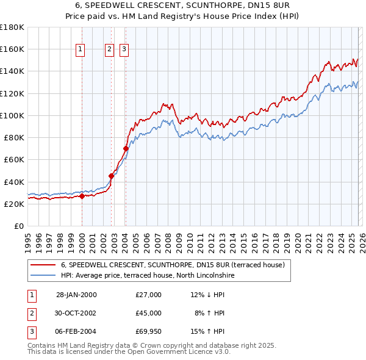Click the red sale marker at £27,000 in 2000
point(82,196)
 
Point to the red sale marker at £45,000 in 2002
point(112,176)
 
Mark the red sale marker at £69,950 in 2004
point(126,148)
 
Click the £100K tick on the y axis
point(12,115)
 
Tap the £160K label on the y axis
point(12,49)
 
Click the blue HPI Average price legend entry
point(147,276)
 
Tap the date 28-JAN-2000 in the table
point(76,295)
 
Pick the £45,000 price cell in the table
point(149,313)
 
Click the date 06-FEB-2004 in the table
point(76,331)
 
